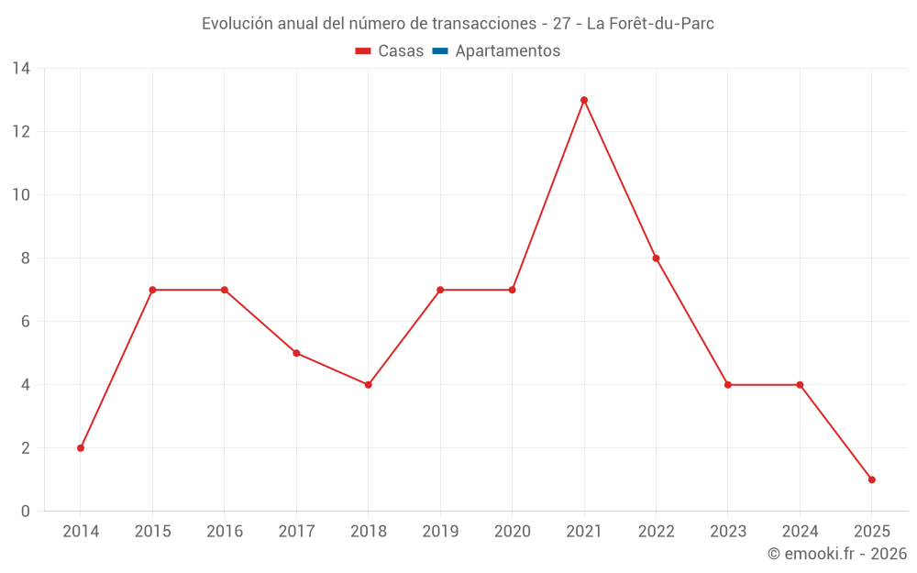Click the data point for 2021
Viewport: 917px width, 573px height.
(x=584, y=100)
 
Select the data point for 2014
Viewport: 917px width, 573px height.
(x=81, y=448)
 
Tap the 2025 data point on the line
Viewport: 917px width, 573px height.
(x=871, y=479)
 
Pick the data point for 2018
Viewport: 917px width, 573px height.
(x=369, y=385)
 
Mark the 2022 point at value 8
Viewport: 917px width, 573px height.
(x=656, y=259)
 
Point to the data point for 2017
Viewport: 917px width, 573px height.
(x=296, y=353)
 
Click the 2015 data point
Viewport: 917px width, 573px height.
(x=152, y=290)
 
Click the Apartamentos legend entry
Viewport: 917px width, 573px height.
(x=507, y=51)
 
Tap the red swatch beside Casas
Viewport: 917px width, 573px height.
(x=363, y=51)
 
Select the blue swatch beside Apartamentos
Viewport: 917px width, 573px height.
(x=440, y=51)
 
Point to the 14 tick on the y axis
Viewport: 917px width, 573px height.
(x=21, y=69)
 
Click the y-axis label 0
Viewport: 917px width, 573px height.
(x=26, y=512)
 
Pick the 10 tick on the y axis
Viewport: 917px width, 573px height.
(x=21, y=195)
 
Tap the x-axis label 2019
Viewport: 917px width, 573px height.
(x=440, y=532)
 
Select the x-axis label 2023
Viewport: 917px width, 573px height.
(x=728, y=532)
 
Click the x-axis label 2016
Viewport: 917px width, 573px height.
(x=225, y=532)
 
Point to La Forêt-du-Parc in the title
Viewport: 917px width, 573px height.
(x=650, y=24)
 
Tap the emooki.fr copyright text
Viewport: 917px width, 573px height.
(x=837, y=554)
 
